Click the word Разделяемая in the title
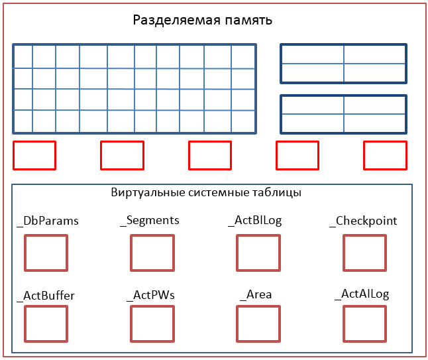click(176, 20)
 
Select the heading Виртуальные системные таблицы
click(206, 192)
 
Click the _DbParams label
click(48, 221)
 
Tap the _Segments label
click(150, 220)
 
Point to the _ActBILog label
click(254, 220)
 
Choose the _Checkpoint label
click(363, 221)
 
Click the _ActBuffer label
click(46, 296)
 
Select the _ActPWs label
click(150, 295)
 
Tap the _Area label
click(256, 295)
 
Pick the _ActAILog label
click(362, 294)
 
